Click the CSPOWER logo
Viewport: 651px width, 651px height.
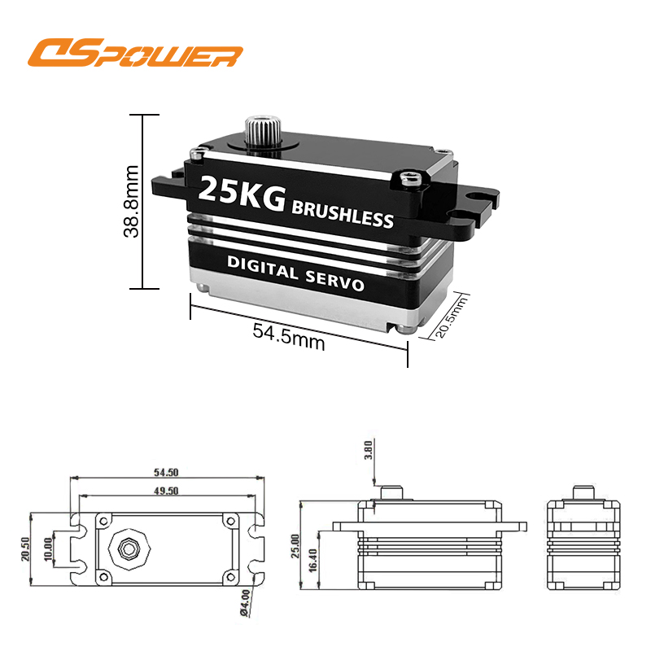pyautogui.click(x=135, y=53)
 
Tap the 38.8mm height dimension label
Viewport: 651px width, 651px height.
pyautogui.click(x=131, y=201)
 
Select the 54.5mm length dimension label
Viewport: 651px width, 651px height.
pyautogui.click(x=289, y=337)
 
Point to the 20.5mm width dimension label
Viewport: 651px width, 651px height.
pyautogui.click(x=451, y=317)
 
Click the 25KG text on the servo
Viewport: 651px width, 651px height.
pyautogui.click(x=242, y=194)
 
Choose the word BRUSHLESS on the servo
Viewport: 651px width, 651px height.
pyautogui.click(x=343, y=215)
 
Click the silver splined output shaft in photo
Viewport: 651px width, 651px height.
pyautogui.click(x=263, y=129)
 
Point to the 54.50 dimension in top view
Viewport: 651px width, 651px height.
pyautogui.click(x=166, y=472)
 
